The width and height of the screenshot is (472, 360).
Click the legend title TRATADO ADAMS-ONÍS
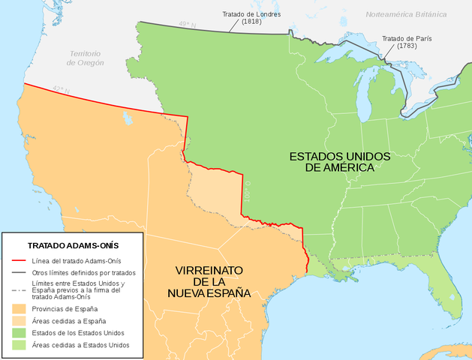(x=73, y=245)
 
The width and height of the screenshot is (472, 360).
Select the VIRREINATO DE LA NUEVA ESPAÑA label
(x=212, y=281)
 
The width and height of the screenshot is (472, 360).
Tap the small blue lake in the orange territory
(x=128, y=119)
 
